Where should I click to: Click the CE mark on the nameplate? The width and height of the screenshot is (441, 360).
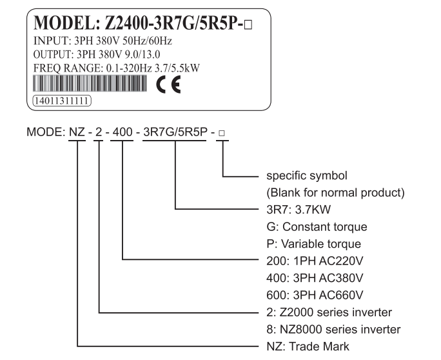[x=168, y=85]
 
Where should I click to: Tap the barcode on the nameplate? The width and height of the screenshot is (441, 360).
[x=90, y=83]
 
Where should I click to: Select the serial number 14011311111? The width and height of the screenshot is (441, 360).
[x=62, y=101]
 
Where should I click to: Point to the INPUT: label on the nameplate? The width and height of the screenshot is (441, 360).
[x=52, y=41]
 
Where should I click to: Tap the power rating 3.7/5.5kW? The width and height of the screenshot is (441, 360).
[x=177, y=68]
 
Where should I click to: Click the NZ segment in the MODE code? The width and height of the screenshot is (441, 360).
[x=77, y=132]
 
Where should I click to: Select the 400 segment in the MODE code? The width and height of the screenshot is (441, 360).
[x=122, y=132]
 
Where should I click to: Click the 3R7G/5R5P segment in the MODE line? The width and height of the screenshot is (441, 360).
[x=175, y=132]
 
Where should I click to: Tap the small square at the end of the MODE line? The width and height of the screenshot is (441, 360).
[x=222, y=133]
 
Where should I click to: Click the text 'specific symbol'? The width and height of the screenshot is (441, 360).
[x=307, y=175]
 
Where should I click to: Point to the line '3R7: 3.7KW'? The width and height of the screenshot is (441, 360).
[x=299, y=210]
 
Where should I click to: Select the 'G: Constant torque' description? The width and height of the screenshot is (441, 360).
[x=317, y=226]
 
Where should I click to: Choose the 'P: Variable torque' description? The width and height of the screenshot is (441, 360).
[x=314, y=244]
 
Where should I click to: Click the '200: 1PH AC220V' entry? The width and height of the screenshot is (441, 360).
[x=315, y=261]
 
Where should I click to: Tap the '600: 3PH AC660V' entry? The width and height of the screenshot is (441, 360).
[x=315, y=295]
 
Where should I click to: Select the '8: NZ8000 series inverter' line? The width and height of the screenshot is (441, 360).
[x=333, y=329]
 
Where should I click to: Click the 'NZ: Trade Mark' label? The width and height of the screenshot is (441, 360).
[x=308, y=346]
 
